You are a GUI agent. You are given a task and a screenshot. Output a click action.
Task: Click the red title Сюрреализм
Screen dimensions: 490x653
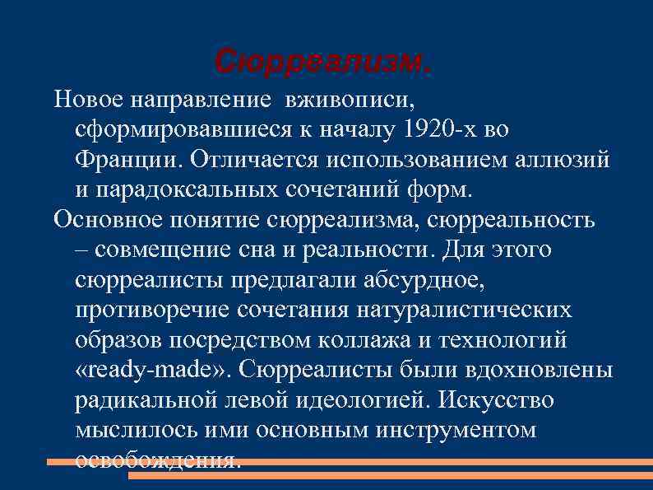pyautogui.click(x=322, y=61)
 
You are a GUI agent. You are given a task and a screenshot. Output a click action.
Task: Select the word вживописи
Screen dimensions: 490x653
pyautogui.click(x=350, y=100)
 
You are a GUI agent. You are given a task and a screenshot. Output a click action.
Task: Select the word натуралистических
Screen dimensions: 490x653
pyautogui.click(x=464, y=310)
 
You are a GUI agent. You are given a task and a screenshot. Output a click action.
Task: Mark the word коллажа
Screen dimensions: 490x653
pyautogui.click(x=363, y=339)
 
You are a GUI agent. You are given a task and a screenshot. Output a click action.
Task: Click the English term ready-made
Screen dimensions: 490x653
pyautogui.click(x=153, y=370)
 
